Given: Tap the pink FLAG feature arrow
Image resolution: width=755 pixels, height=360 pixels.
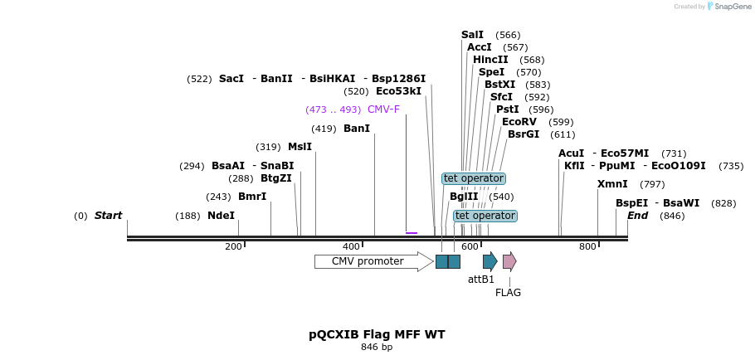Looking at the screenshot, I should click(509, 261).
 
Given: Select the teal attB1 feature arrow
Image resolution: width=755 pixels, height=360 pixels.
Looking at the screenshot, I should click(490, 261).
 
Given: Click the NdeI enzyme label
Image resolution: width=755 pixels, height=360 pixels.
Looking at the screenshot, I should click(221, 216).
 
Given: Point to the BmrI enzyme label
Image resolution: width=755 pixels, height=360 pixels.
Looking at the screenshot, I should click(252, 197).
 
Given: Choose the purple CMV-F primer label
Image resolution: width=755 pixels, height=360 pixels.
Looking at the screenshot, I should click(383, 109).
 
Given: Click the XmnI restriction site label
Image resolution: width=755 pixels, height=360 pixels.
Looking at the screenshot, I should click(612, 184).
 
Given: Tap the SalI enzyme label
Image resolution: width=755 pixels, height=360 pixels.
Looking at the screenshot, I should click(472, 35).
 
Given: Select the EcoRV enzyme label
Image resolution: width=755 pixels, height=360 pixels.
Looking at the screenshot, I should click(519, 122).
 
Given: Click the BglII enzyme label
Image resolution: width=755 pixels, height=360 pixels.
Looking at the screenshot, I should click(464, 197).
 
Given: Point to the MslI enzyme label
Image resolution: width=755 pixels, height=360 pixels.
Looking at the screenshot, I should click(300, 147).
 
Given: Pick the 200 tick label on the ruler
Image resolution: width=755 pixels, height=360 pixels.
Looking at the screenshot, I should click(233, 246).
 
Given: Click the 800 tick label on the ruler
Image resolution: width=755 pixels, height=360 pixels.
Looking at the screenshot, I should click(587, 246).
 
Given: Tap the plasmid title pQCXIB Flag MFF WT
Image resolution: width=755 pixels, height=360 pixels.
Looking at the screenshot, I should click(377, 334).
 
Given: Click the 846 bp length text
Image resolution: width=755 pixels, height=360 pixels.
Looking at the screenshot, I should click(377, 347).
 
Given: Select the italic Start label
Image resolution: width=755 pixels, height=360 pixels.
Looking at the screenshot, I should click(108, 216).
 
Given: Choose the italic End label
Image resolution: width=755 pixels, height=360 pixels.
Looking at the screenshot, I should click(637, 216).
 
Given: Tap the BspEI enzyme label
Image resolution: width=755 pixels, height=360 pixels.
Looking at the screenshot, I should click(631, 203).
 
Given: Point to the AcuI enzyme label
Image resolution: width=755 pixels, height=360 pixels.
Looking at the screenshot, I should click(572, 153).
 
